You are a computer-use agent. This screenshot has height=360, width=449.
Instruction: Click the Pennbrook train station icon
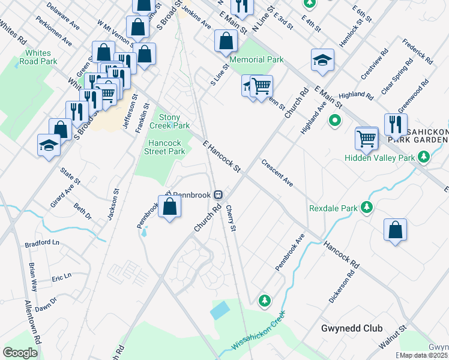point(220,194)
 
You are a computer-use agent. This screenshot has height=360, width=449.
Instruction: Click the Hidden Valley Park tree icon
point(424,157)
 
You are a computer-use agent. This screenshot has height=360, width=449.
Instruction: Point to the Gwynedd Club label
point(352,328)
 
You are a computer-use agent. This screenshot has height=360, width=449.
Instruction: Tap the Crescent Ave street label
point(277,173)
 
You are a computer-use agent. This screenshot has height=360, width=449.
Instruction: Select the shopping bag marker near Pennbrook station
point(170,207)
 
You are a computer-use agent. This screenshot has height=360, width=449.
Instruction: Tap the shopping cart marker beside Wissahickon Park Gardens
point(366,139)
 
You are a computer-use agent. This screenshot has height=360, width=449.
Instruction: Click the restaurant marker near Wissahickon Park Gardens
point(396,124)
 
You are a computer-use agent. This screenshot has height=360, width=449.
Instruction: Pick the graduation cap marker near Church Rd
point(322,60)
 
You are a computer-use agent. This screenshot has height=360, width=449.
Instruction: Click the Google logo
point(20,352)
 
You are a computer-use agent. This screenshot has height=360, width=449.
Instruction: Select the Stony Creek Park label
point(173,121)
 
